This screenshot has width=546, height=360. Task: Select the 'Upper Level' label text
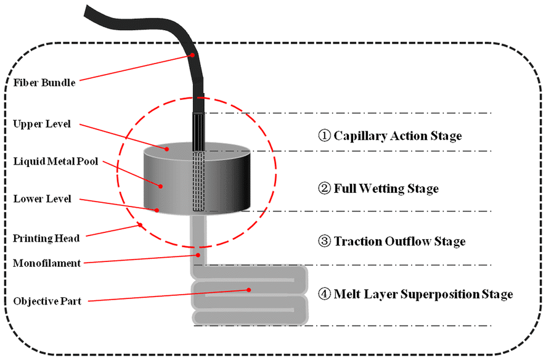pos(43,125)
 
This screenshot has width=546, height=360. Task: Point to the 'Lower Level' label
pos(43,199)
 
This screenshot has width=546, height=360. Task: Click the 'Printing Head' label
pos(44,238)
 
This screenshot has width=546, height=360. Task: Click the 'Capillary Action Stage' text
pos(397,136)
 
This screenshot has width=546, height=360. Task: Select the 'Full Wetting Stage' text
pos(386,188)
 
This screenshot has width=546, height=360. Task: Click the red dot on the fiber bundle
pos(192,55)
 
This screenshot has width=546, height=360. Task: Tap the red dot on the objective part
pos(248,289)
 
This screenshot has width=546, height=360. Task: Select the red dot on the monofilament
pos(198,253)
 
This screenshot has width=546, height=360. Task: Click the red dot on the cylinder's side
pos(160,185)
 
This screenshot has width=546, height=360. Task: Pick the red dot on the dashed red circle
pos(142,225)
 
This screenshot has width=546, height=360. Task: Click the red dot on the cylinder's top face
pos(166,148)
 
